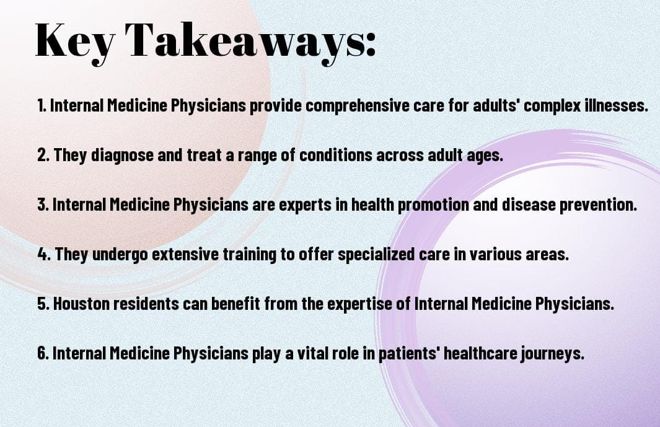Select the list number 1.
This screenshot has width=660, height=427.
pos(41,106)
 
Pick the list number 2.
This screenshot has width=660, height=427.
pos(43,156)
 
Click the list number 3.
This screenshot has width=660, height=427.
pos(43,205)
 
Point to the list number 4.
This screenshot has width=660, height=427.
pos(43,255)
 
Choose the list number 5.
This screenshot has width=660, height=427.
pos(43,304)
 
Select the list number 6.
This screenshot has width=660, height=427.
pos(43,354)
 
